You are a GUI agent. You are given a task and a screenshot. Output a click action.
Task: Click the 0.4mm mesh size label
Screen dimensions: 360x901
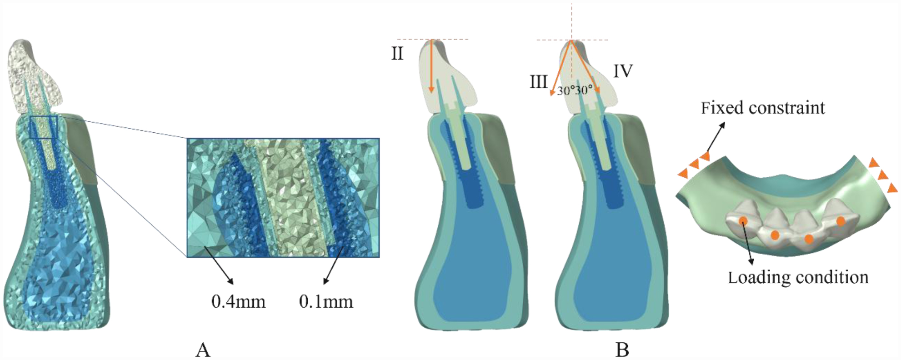(x=238, y=302)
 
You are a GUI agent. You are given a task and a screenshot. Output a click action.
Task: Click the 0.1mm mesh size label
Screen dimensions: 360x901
(x=326, y=302)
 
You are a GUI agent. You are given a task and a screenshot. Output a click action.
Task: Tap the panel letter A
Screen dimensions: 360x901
(x=203, y=350)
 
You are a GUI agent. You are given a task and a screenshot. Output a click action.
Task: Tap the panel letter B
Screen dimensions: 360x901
(x=622, y=350)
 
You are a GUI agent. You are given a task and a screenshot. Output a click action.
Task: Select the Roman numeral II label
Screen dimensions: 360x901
(x=397, y=54)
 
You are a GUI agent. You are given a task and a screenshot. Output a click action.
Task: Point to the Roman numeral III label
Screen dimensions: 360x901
(x=538, y=82)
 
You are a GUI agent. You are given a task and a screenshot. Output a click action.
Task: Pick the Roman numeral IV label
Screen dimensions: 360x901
(x=623, y=71)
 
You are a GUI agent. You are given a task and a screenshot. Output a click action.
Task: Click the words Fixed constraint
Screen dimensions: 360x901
(x=762, y=108)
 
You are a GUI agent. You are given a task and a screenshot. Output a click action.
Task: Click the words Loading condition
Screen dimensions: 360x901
(x=798, y=277)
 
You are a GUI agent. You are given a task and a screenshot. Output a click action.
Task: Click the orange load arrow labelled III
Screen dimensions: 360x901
(x=561, y=68)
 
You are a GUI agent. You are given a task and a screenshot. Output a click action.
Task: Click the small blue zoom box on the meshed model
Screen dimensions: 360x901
(x=43, y=127)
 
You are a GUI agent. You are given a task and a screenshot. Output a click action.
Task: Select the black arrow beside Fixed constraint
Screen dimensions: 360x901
(x=714, y=137)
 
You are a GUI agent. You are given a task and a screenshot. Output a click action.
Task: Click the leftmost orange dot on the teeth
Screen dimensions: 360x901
(x=743, y=221)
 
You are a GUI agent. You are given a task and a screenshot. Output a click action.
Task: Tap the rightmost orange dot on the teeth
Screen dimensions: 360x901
(x=841, y=221)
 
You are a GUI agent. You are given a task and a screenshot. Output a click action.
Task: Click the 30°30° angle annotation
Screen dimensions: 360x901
(x=575, y=90)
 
